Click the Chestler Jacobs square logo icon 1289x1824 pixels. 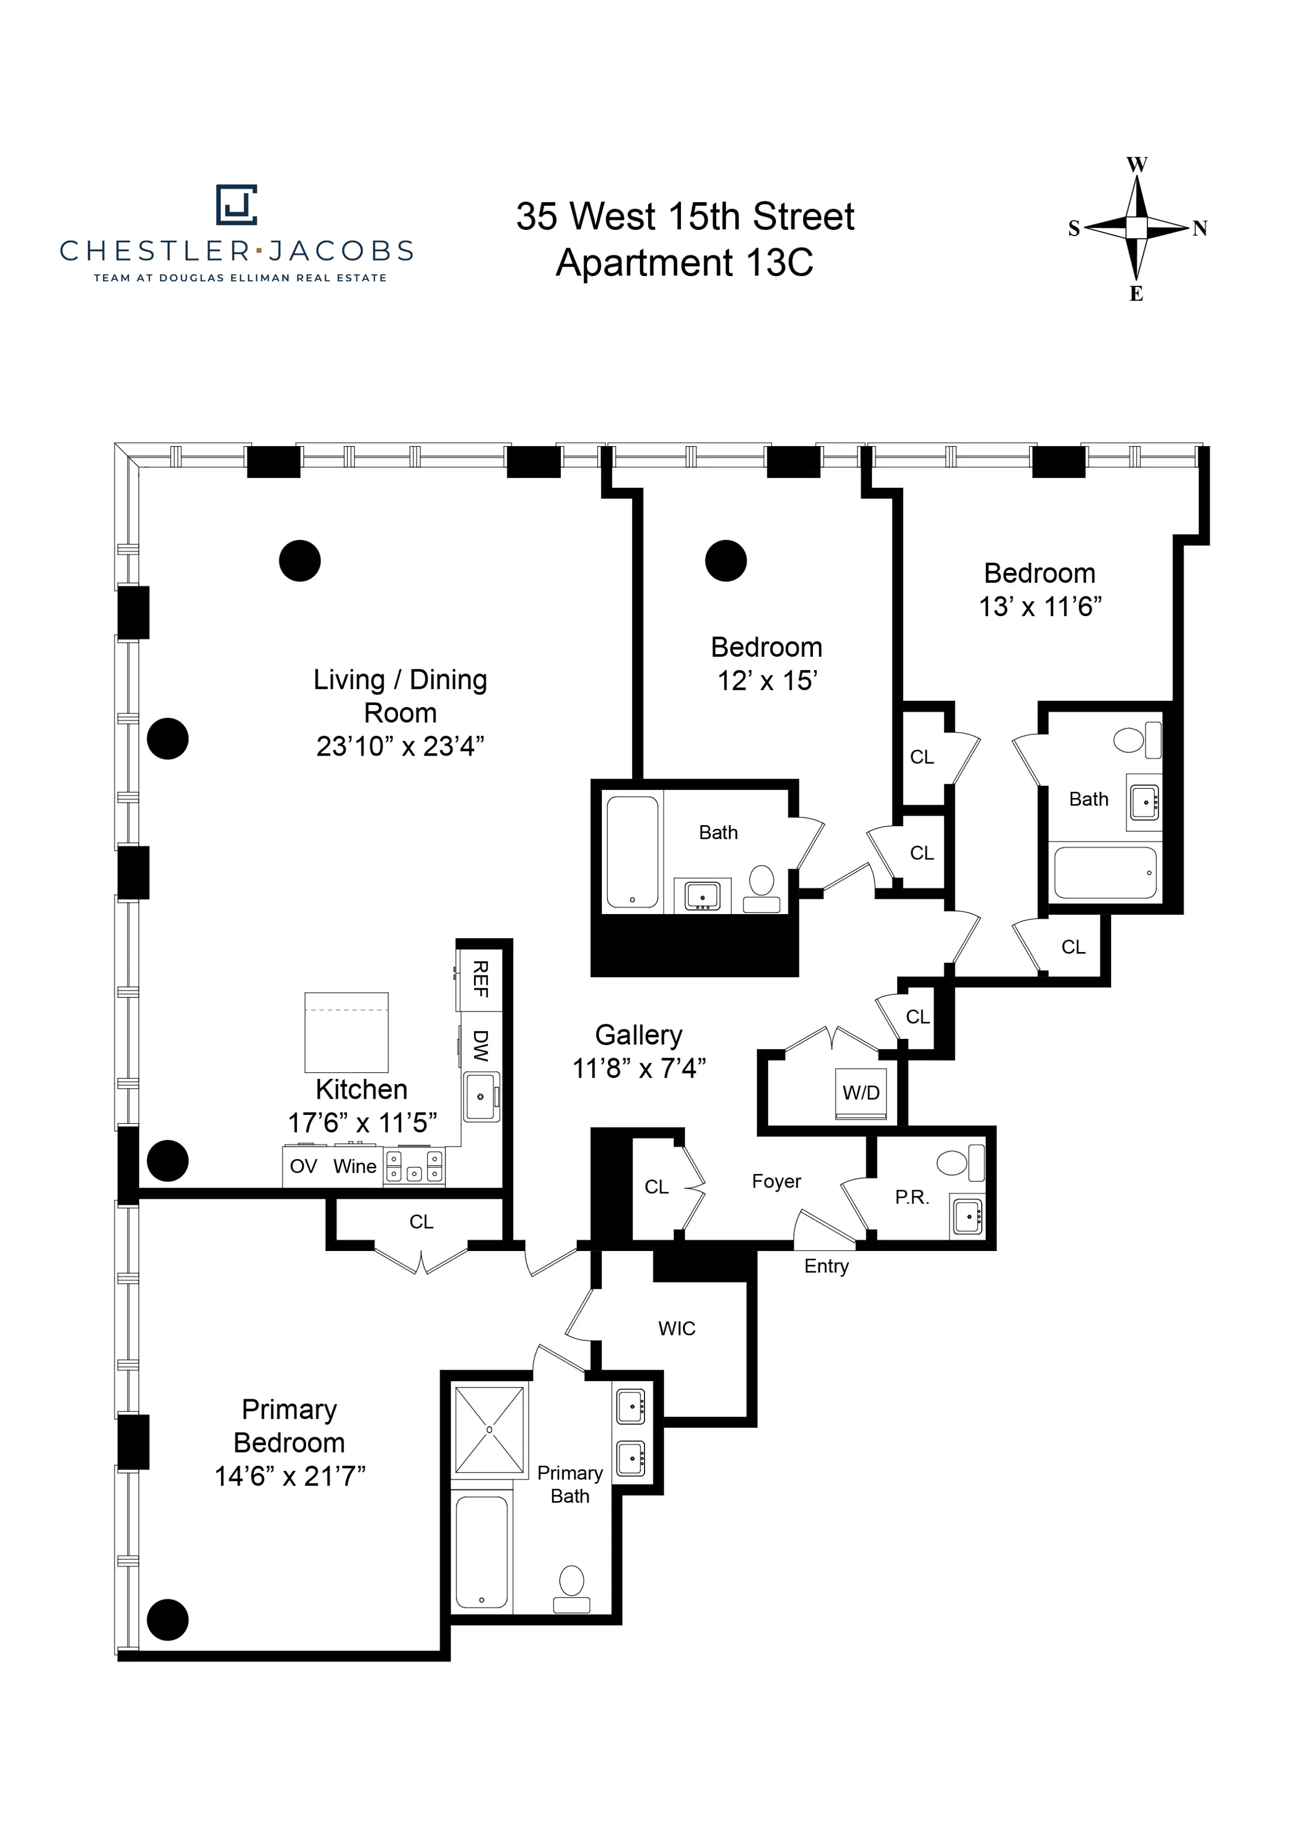236,205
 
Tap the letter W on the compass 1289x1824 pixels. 1137,165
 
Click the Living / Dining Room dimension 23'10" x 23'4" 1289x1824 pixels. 400,747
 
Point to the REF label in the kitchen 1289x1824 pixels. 480,979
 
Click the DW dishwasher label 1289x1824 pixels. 480,1046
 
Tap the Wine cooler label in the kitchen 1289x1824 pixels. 354,1166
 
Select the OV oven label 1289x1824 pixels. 304,1166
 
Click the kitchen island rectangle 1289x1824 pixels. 346,1032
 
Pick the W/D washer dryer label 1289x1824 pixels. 861,1092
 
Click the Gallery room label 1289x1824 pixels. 639,1035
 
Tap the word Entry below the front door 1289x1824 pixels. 826,1266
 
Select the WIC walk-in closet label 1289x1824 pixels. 677,1328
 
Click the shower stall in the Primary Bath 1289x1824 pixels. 489,1430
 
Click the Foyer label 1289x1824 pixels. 776,1181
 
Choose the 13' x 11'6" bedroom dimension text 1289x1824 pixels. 1040,607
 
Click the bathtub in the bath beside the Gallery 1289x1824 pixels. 632,852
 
